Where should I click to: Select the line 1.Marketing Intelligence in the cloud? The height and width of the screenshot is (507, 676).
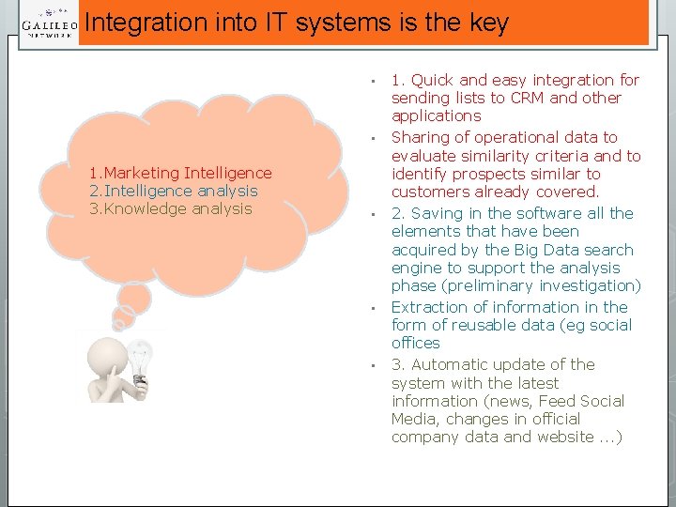pyautogui.click(x=180, y=173)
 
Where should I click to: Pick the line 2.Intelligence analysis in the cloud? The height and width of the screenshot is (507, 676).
pyautogui.click(x=173, y=191)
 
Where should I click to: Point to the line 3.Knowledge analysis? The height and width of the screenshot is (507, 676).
pyautogui.click(x=170, y=208)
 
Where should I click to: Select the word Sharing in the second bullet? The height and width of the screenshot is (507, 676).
pyautogui.click(x=422, y=137)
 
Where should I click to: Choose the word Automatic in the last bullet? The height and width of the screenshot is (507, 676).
pyautogui.click(x=458, y=364)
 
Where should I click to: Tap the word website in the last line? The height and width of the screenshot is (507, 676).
pyautogui.click(x=562, y=437)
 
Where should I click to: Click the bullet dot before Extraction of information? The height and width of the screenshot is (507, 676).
pyautogui.click(x=373, y=308)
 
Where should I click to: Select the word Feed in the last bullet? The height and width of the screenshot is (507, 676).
pyautogui.click(x=554, y=401)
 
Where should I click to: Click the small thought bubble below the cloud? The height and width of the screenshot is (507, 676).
pyautogui.click(x=133, y=299)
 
